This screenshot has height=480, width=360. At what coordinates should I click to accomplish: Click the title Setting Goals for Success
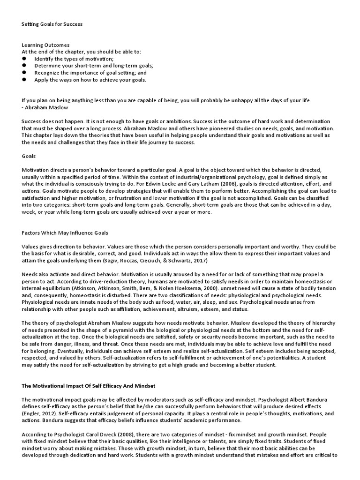(x=52, y=24)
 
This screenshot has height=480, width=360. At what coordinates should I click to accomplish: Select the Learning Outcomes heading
(x=45, y=45)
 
